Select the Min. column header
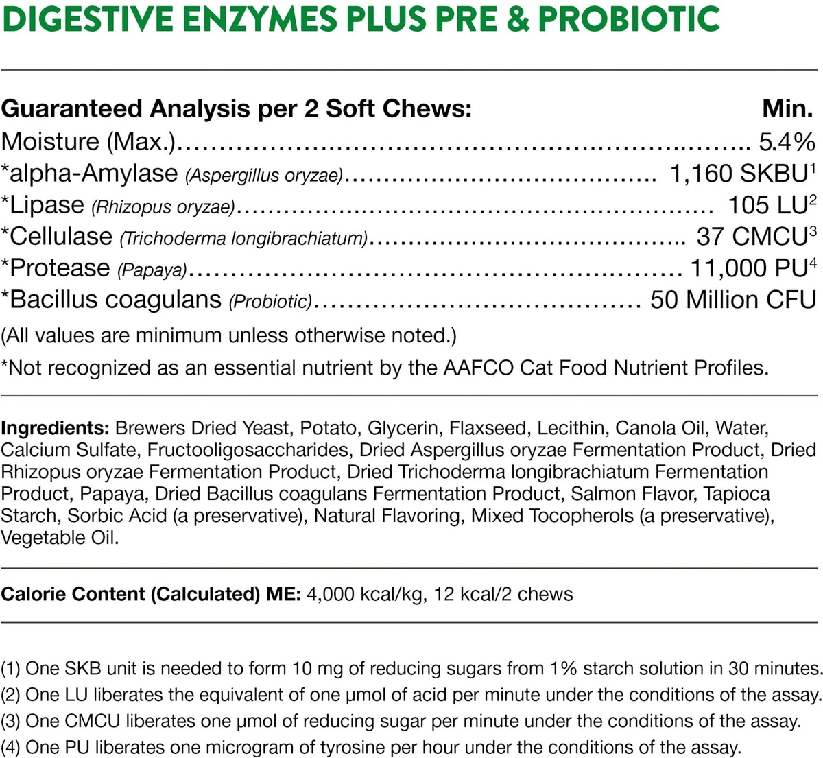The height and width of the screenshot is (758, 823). (788, 109)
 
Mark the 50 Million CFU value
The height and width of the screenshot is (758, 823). (733, 300)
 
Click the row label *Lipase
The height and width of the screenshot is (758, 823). (43, 205)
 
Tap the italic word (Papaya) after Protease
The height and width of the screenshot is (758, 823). (152, 270)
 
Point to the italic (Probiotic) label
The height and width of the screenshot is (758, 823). (271, 302)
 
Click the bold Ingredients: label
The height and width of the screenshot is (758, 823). (56, 428)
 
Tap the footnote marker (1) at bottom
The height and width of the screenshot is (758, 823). (11, 668)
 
